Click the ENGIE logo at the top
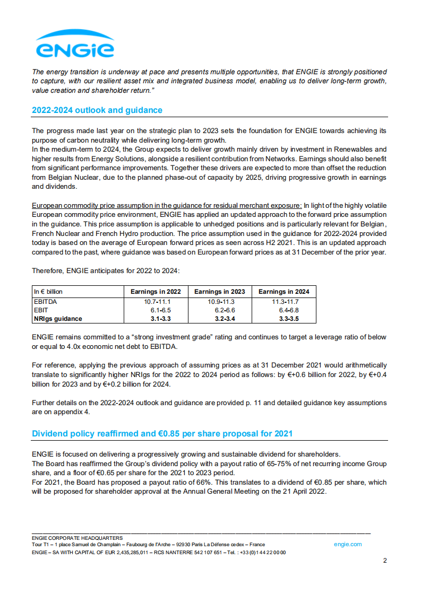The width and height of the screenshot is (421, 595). [74, 43]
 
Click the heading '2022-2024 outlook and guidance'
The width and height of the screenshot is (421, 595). [97, 110]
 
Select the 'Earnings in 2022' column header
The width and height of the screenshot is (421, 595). [156, 292]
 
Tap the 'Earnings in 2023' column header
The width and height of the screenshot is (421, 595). [219, 292]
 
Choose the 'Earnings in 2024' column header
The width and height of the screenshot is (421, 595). [283, 292]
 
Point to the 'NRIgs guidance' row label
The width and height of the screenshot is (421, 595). [58, 319]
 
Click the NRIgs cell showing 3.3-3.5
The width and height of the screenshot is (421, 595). [283, 319]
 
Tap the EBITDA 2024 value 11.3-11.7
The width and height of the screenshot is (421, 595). [283, 301]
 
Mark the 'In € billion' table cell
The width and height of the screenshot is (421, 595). [48, 292]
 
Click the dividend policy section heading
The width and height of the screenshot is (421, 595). [162, 434]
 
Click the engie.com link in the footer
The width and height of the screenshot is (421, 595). [348, 544]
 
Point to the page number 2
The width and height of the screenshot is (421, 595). [385, 561]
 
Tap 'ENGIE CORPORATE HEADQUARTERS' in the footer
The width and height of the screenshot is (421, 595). [77, 538]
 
